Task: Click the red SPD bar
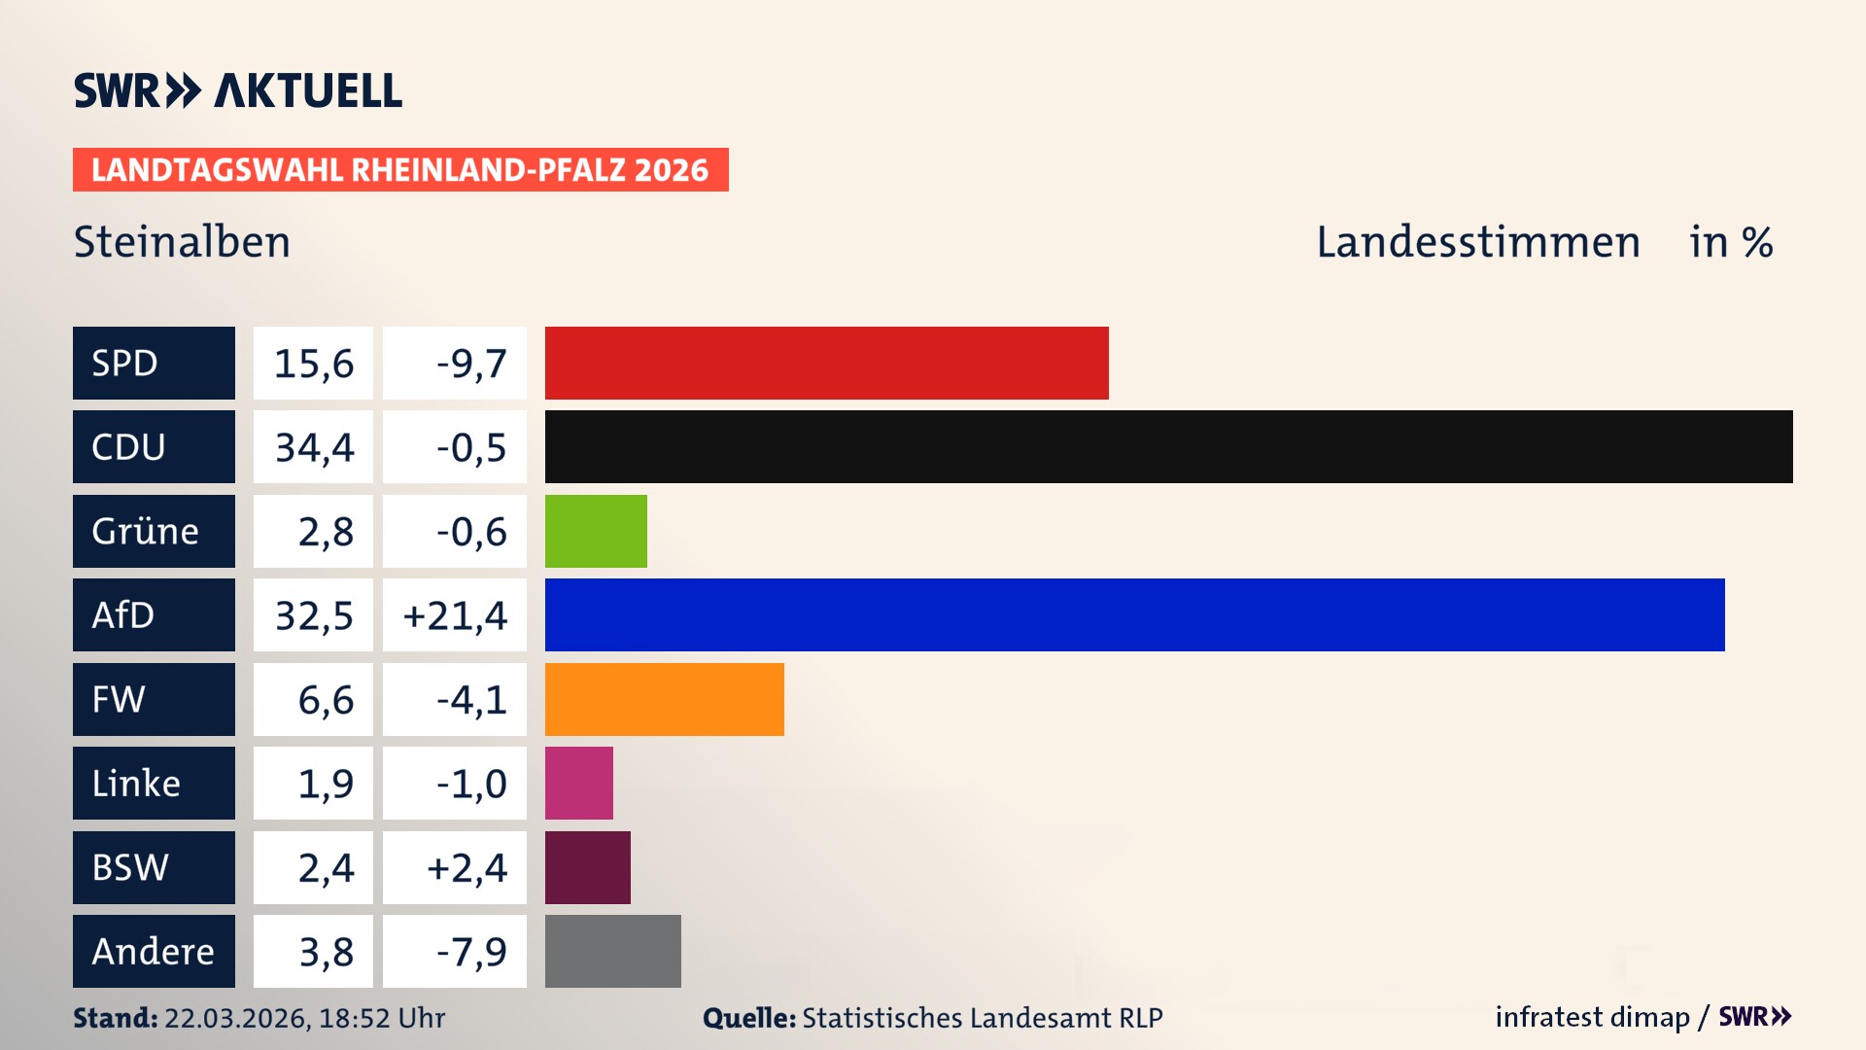[826, 363]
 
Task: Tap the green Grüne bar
[596, 531]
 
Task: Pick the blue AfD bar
[1134, 614]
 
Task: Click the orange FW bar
[664, 699]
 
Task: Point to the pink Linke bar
[578, 783]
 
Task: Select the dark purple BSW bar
[587, 867]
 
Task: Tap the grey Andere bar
[612, 951]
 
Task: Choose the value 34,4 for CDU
[314, 447]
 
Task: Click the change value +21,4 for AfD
[455, 615]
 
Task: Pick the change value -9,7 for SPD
[470, 364]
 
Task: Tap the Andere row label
[154, 951]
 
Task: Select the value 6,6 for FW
[325, 700]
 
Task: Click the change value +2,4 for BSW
[466, 868]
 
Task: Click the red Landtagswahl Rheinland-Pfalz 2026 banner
[399, 169]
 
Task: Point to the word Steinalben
[182, 241]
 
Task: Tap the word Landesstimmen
[1477, 241]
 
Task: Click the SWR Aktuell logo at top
[237, 90]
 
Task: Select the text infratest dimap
[1591, 1017]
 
